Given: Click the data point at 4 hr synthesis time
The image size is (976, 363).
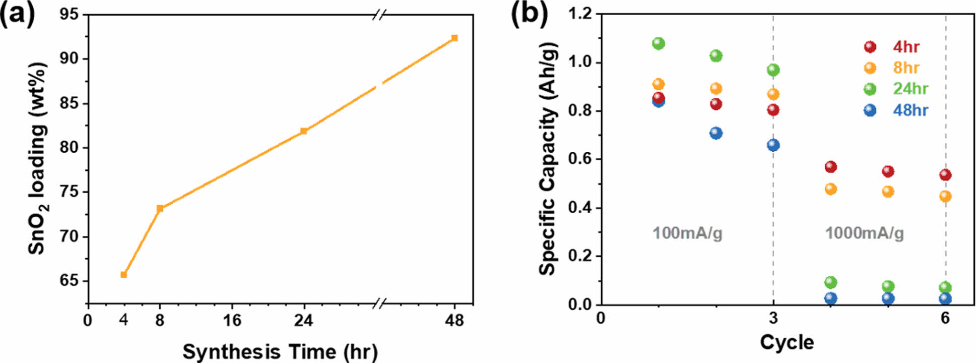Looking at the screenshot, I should (123, 274).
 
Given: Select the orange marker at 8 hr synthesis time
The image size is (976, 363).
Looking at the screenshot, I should (160, 208).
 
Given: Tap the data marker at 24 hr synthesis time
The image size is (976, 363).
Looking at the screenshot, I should (303, 131).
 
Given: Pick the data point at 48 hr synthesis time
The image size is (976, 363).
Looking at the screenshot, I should (454, 38).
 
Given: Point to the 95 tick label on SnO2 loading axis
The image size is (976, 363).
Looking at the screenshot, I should (69, 15).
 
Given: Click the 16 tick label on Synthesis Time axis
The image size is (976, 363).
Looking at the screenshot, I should (232, 321).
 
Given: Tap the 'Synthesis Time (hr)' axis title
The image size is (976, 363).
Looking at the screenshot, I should (280, 351).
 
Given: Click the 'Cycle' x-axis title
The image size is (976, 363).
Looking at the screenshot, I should (787, 342).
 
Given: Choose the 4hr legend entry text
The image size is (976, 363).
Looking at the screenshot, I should (906, 47).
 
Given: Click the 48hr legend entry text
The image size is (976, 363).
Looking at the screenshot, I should (910, 110).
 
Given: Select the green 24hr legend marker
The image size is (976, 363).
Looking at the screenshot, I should (870, 89).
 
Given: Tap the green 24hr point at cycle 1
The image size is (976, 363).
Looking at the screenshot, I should (658, 43).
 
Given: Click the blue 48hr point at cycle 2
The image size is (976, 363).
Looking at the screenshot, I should (715, 133).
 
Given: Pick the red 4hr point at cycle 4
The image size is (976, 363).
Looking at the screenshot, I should (830, 167).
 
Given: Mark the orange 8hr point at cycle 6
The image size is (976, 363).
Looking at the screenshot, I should (945, 196).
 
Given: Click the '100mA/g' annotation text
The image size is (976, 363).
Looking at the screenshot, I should (687, 233).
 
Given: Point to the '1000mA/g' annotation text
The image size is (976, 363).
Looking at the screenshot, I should (864, 233).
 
